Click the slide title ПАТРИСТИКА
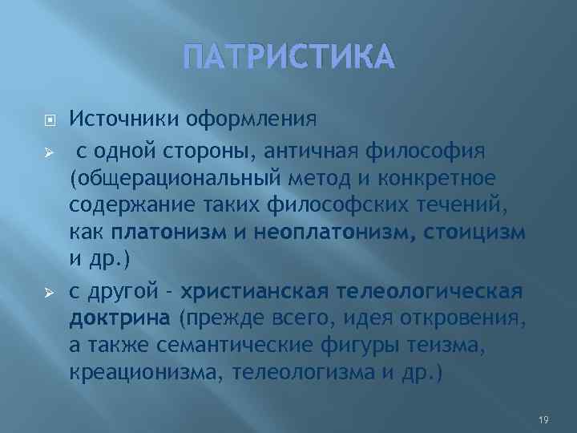[288, 57]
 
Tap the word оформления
[252, 119]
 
